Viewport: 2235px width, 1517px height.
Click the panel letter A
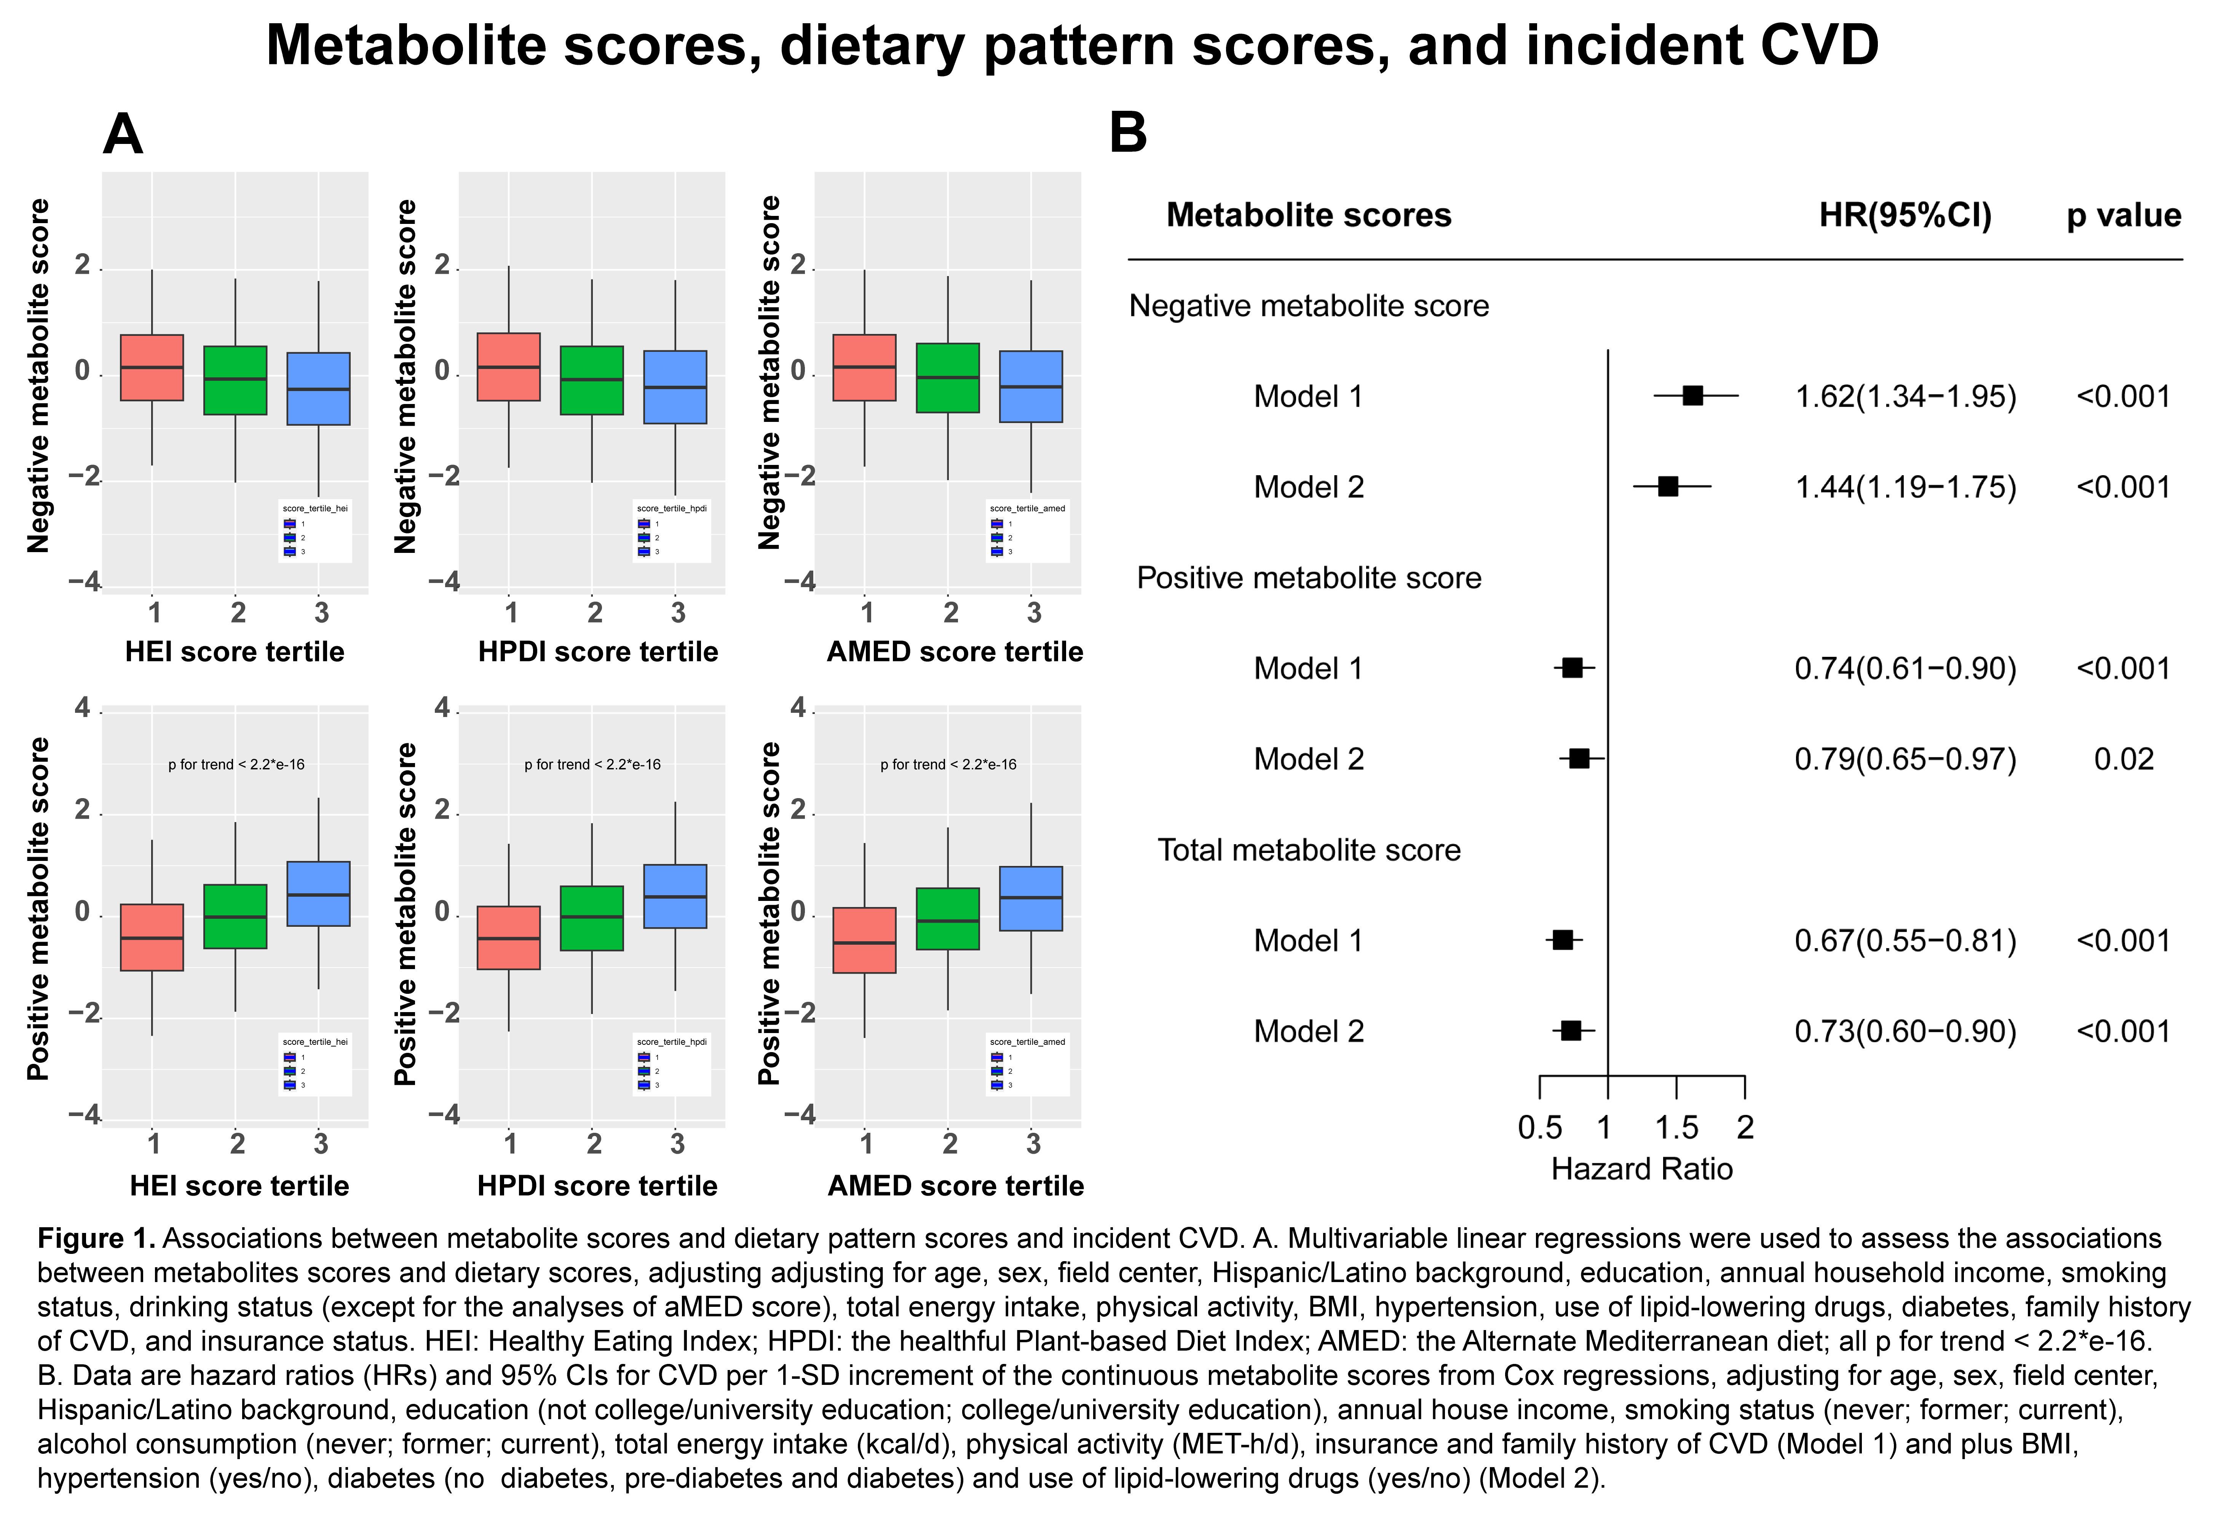coord(123,135)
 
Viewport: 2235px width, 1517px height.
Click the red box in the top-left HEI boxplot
coord(152,367)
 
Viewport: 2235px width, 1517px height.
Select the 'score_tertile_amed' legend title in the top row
coord(1027,508)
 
